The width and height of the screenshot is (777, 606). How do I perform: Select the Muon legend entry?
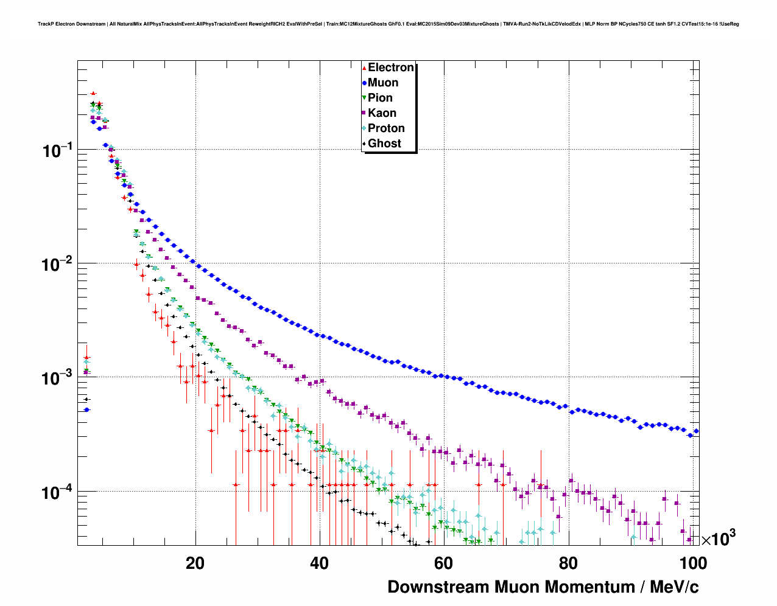(382, 83)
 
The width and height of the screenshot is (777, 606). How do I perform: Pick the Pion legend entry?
(380, 98)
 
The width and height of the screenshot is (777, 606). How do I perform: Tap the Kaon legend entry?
(382, 113)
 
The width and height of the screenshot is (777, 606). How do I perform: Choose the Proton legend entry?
(386, 128)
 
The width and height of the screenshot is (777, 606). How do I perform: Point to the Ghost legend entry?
(384, 144)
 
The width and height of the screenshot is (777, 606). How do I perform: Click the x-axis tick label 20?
(195, 563)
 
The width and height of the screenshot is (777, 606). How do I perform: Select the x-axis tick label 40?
(319, 563)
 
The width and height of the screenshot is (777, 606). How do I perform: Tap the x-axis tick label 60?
(443, 563)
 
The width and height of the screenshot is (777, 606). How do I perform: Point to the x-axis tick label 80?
(568, 563)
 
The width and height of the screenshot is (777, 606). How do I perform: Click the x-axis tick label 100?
(692, 563)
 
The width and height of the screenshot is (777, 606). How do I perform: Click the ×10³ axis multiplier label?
(719, 538)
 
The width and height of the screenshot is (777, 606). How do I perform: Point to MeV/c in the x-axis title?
(674, 587)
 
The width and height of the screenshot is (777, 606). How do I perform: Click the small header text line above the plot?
(388, 24)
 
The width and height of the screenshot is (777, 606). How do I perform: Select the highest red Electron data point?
(93, 94)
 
